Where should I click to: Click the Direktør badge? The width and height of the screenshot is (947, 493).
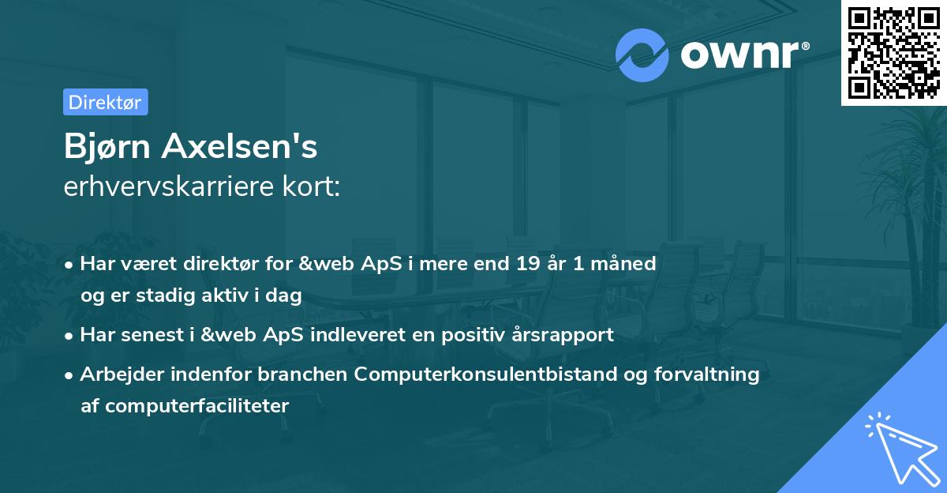(105, 102)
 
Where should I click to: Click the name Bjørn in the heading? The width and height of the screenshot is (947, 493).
(108, 147)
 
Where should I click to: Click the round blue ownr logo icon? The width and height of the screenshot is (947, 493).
(642, 55)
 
